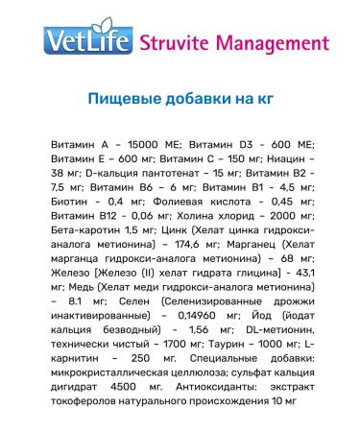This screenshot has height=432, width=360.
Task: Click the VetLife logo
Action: (91, 43)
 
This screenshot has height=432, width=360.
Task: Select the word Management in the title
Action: (268, 43)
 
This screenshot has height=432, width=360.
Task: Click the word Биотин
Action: (65, 204)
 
